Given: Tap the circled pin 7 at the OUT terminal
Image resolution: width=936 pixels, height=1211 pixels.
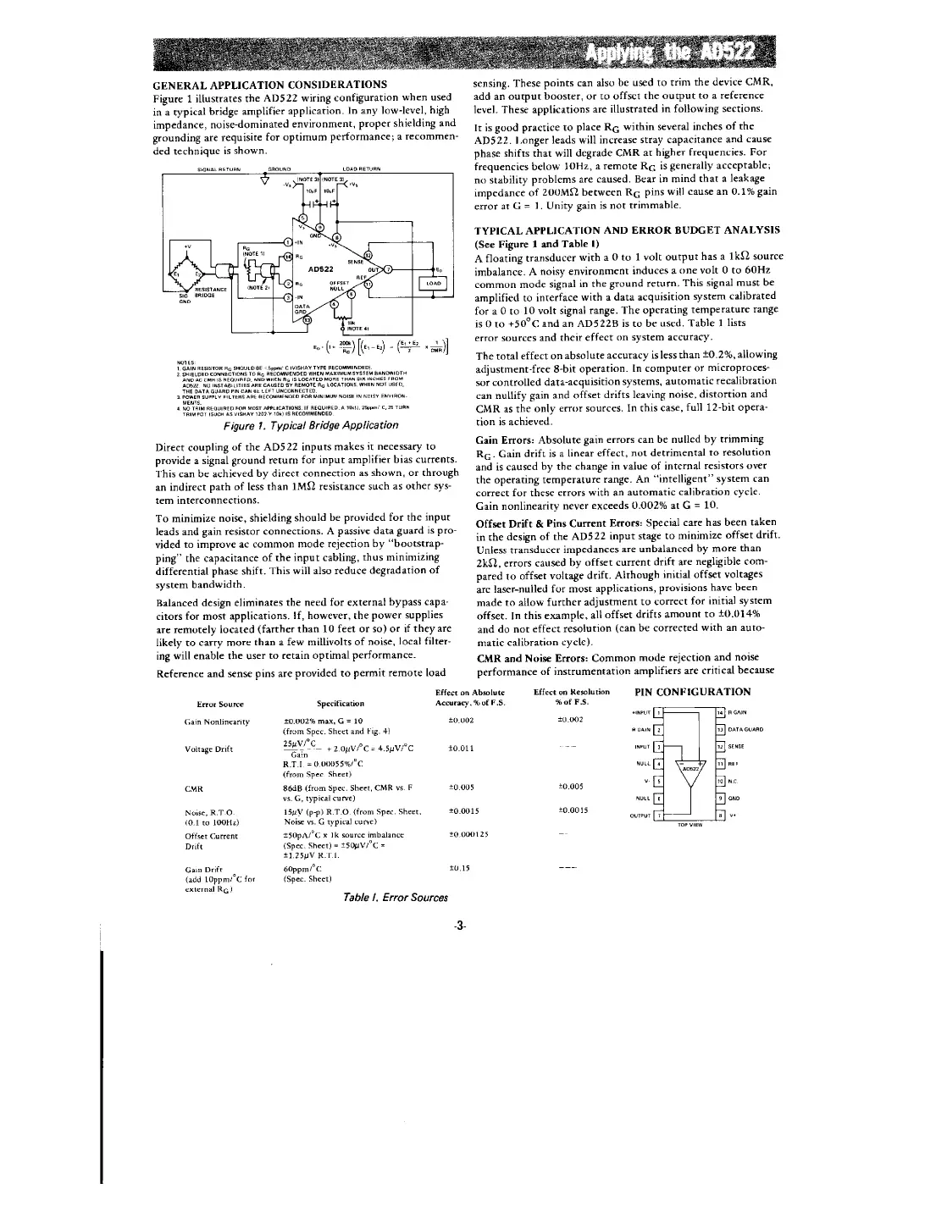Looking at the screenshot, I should pyautogui.click(x=389, y=268).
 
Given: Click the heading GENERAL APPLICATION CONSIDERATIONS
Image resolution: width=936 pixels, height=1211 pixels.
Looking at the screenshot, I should pyautogui.click(x=269, y=85).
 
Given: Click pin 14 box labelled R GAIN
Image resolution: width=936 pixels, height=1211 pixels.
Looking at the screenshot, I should pyautogui.click(x=721, y=713).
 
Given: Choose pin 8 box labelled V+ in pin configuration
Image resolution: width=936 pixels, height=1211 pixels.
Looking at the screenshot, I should pyautogui.click(x=721, y=816).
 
